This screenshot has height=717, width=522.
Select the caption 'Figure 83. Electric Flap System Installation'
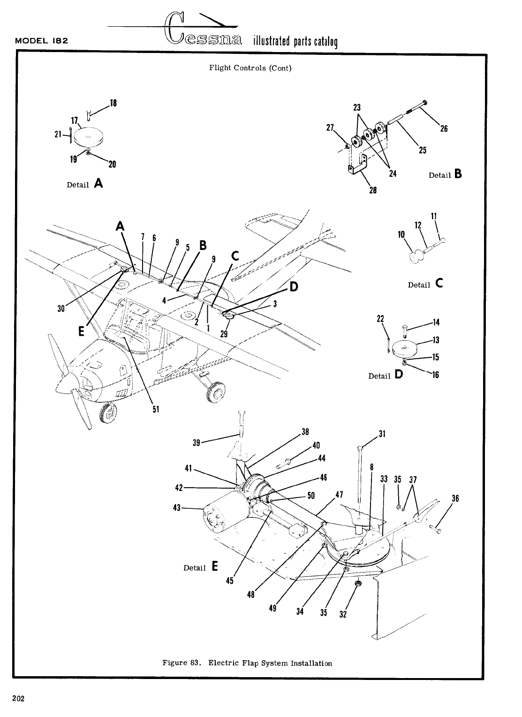click(x=247, y=663)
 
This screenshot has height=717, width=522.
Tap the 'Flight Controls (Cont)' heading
click(x=250, y=68)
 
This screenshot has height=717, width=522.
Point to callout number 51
click(x=156, y=409)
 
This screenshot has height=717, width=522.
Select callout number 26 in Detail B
click(x=443, y=128)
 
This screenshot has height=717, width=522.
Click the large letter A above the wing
click(x=121, y=226)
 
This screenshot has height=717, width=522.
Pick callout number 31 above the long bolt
click(x=382, y=434)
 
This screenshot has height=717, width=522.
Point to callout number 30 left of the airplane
click(x=61, y=308)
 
